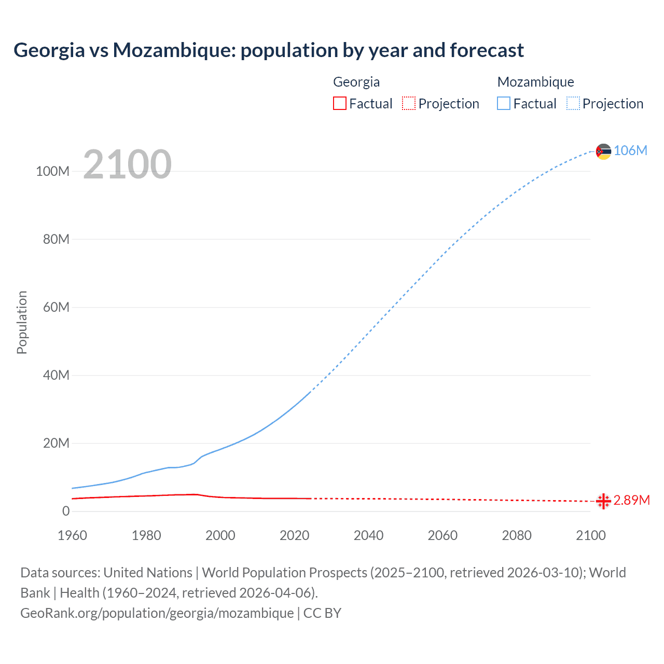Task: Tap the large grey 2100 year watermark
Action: point(127,164)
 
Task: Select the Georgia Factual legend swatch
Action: point(340,104)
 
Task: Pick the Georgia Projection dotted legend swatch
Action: point(409,104)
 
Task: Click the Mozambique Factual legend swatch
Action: point(504,104)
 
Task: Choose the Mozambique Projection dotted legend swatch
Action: point(573,104)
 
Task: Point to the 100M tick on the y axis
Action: point(52,172)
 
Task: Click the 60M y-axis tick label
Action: point(56,308)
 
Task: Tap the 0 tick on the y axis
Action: point(66,511)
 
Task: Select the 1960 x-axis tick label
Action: point(72,535)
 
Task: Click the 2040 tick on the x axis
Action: point(368,535)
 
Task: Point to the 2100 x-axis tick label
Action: point(590,535)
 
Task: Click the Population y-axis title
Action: point(22,322)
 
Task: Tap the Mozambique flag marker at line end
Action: point(603,151)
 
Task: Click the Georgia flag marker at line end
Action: point(603,501)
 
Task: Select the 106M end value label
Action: point(630,151)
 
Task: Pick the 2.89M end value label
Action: point(631,501)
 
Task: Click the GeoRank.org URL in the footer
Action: point(157,613)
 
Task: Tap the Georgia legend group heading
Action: point(356,82)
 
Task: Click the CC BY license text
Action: point(322,613)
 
